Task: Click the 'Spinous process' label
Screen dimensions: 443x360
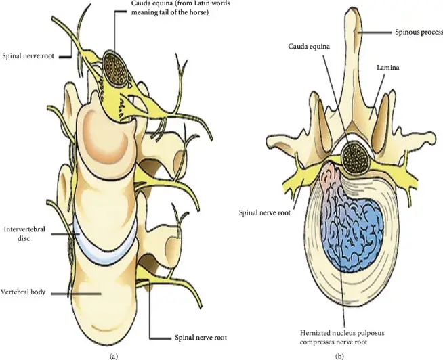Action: tap(419, 32)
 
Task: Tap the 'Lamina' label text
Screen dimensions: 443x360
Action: tap(388, 68)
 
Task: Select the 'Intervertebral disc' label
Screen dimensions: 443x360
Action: tap(24, 233)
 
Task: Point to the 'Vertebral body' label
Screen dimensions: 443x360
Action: tap(23, 292)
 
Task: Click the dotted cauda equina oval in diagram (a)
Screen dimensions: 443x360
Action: tap(116, 69)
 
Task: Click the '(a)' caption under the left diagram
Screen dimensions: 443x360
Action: tap(113, 356)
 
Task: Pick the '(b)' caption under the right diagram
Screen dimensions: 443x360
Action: tap(340, 356)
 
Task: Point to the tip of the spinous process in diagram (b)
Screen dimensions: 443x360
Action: tap(353, 8)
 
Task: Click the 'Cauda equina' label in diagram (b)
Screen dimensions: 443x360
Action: tap(309, 46)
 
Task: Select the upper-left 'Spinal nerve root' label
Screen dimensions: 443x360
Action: tap(28, 55)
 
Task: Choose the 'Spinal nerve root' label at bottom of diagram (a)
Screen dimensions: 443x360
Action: tap(201, 338)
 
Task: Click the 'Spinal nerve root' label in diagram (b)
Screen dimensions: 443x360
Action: tap(264, 212)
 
